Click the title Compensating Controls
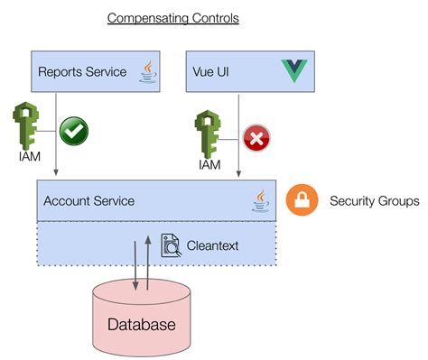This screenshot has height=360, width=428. click(173, 17)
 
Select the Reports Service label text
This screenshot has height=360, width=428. click(81, 71)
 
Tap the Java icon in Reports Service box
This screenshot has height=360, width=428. click(148, 71)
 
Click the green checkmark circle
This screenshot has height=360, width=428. click(74, 130)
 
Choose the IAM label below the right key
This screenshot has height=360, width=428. click(209, 165)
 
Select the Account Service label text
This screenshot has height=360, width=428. click(88, 201)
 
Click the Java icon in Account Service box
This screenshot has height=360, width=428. click(261, 200)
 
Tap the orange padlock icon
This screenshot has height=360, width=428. click(302, 200)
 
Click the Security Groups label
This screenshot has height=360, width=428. click(374, 201)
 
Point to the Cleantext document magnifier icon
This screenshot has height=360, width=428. click(171, 245)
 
